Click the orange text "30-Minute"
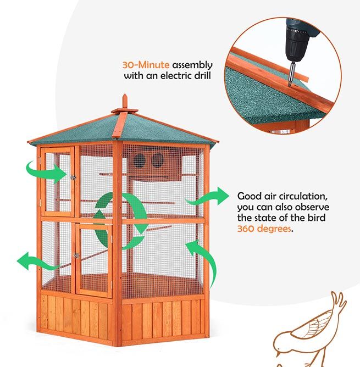click(x=146, y=65)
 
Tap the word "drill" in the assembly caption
click(x=202, y=75)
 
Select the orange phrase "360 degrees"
click(x=264, y=229)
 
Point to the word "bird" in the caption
click(x=316, y=218)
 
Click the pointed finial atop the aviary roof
click(x=125, y=101)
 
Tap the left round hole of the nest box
click(x=139, y=161)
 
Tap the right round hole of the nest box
click(x=157, y=160)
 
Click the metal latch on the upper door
click(x=73, y=177)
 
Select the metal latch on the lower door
click(x=76, y=255)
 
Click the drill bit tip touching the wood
click(x=290, y=86)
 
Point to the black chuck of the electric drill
click(x=296, y=48)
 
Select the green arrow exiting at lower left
click(x=38, y=262)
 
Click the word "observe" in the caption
click(x=312, y=207)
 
